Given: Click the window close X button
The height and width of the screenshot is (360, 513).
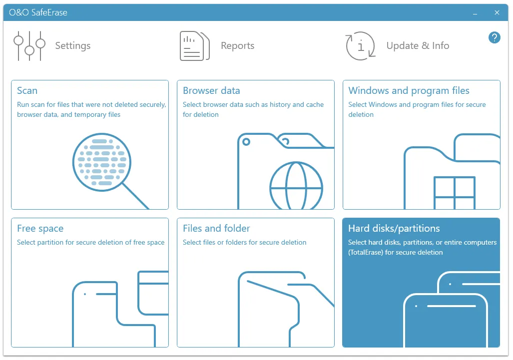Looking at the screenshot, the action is click(x=497, y=12).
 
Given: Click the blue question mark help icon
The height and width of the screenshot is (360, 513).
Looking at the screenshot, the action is click(x=495, y=37).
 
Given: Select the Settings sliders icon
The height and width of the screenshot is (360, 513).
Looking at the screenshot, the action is click(x=29, y=46).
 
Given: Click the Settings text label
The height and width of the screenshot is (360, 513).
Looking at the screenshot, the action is click(x=72, y=46).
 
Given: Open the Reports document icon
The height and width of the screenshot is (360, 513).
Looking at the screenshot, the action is click(x=195, y=46).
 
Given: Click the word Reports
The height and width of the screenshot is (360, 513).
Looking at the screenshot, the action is click(x=238, y=45).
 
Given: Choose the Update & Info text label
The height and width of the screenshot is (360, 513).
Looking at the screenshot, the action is click(x=418, y=45).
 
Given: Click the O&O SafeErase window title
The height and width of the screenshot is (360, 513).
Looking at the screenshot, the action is click(x=38, y=12).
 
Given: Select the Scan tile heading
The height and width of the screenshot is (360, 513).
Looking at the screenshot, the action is click(x=27, y=90).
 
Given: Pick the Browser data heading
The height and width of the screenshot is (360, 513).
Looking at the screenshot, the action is click(x=211, y=90).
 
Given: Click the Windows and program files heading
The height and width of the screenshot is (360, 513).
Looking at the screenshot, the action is click(x=409, y=90).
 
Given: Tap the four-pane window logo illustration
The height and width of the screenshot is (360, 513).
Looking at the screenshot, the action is click(x=455, y=193).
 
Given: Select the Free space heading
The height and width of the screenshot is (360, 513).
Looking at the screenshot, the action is click(x=40, y=229).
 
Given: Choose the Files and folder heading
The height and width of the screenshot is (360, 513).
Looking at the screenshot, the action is click(x=216, y=228).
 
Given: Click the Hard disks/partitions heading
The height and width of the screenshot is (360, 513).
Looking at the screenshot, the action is click(x=394, y=228).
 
